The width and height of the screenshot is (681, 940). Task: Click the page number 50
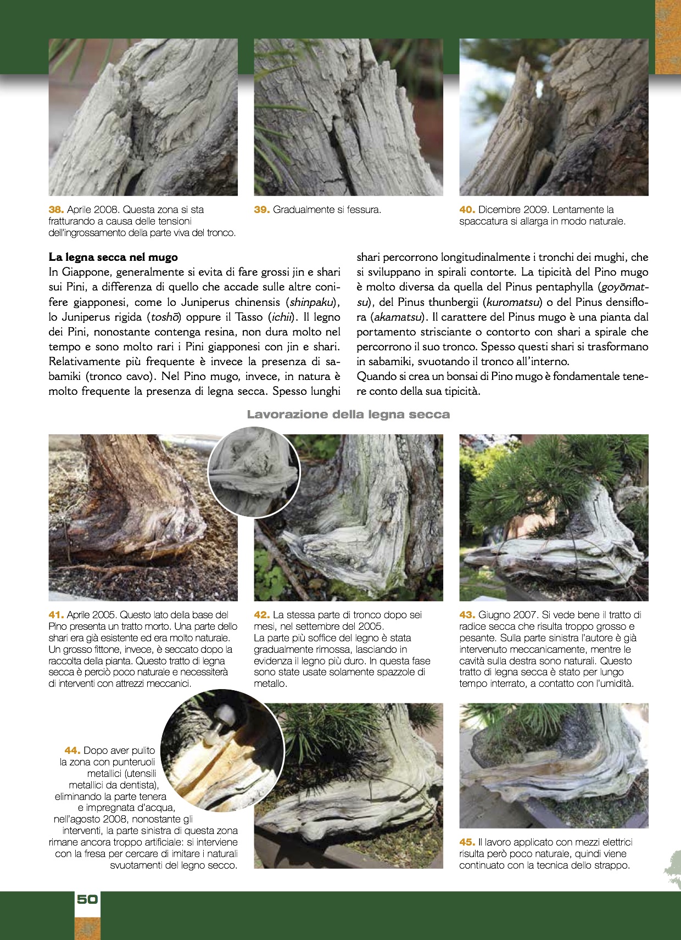87,899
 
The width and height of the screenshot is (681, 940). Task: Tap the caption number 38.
57,210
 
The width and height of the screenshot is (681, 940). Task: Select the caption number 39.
261,210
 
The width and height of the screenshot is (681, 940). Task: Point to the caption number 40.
467,210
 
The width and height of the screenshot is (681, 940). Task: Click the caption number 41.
57,615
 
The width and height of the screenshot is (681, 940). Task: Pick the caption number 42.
261,615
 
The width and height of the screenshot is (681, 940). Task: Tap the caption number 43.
467,615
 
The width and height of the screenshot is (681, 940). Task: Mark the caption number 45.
467,842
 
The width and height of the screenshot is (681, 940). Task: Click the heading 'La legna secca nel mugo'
113,257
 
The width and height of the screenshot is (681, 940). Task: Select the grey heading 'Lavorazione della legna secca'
348,415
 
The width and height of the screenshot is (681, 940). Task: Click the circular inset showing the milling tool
222,750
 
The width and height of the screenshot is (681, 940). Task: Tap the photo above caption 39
348,117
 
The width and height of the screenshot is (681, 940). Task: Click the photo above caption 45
554,765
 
